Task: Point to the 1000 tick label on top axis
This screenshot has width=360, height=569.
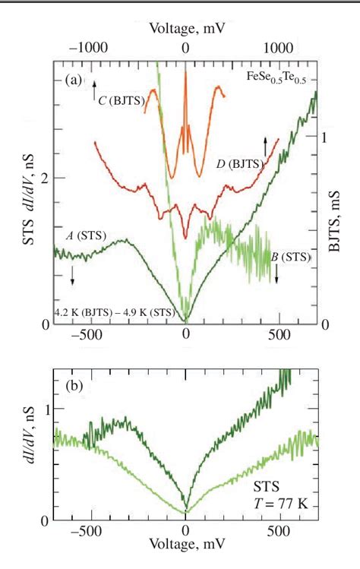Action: click(x=280, y=47)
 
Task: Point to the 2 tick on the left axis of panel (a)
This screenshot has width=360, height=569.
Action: click(x=49, y=178)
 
